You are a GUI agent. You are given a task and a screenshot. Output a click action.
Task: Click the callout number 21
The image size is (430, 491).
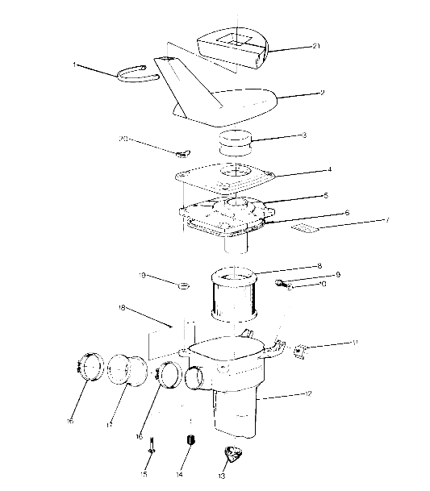(316, 47)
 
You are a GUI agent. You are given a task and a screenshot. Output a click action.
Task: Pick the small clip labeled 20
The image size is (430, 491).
(182, 152)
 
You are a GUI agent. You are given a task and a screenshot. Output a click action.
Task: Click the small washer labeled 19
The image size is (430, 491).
(186, 285)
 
